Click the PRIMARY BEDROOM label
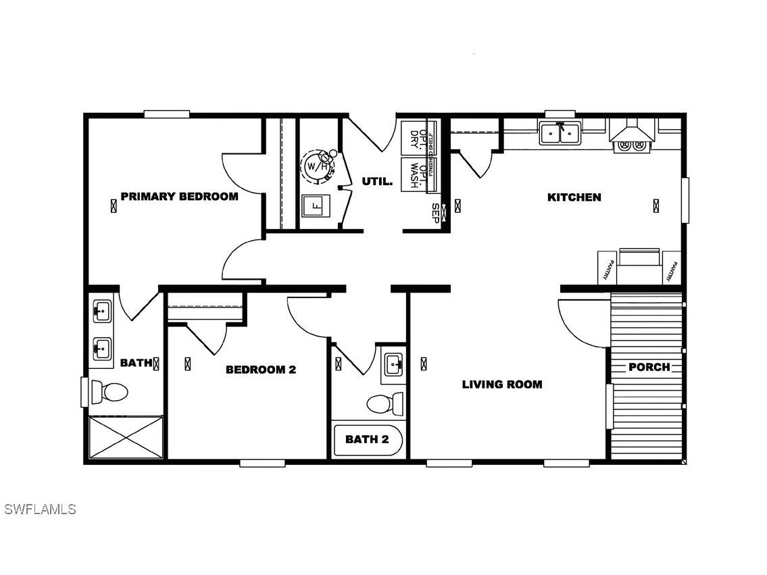179,197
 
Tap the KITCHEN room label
574,197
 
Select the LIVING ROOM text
501,384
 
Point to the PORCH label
649,367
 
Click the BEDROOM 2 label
260,370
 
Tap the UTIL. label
377,181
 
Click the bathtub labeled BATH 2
368,440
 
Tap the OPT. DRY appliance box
414,139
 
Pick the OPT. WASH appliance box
414,175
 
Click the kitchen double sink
560,134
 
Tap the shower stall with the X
126,437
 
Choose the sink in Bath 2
393,366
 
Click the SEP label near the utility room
436,211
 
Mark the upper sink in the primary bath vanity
102,312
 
